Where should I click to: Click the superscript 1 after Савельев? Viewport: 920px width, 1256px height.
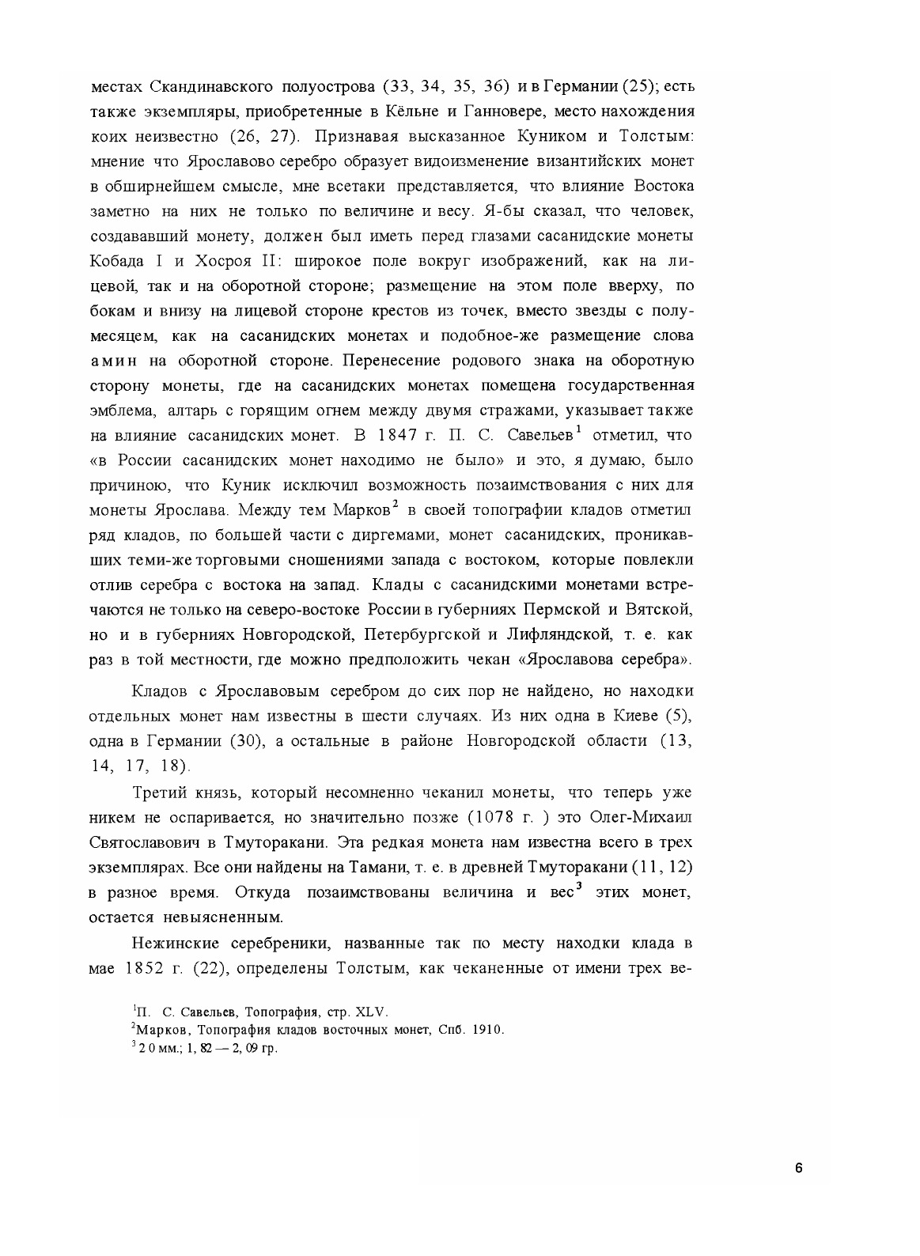pyautogui.click(x=579, y=429)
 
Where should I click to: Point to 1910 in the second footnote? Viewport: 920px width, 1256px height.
pyautogui.click(x=487, y=1030)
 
